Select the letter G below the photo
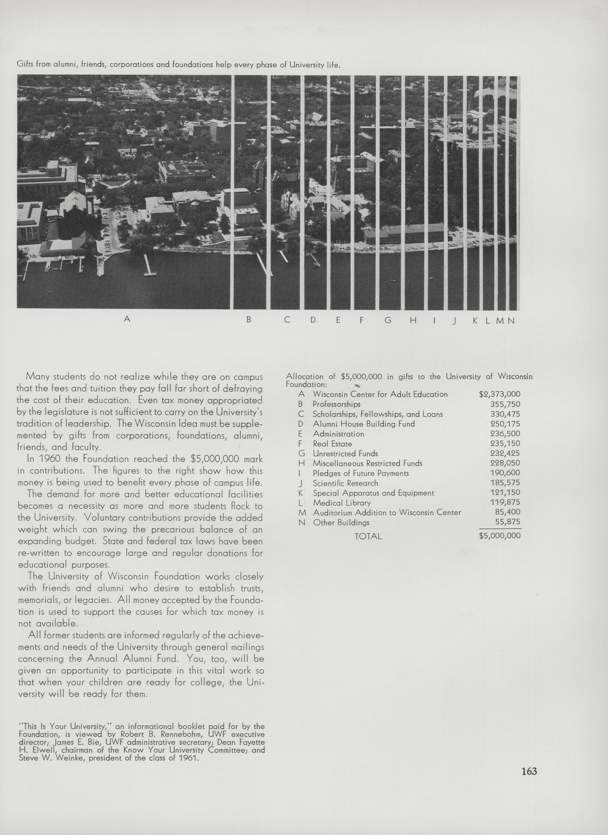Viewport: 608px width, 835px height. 388,320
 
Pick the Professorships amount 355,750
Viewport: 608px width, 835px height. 505,404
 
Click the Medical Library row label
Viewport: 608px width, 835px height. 342,503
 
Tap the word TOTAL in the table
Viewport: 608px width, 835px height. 368,536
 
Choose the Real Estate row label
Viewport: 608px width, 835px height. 332,444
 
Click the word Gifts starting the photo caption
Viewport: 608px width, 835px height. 25,65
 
